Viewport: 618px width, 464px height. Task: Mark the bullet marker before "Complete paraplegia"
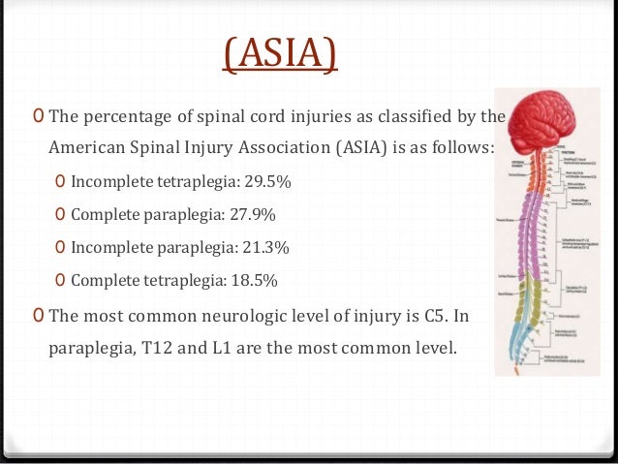pos(61,214)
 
